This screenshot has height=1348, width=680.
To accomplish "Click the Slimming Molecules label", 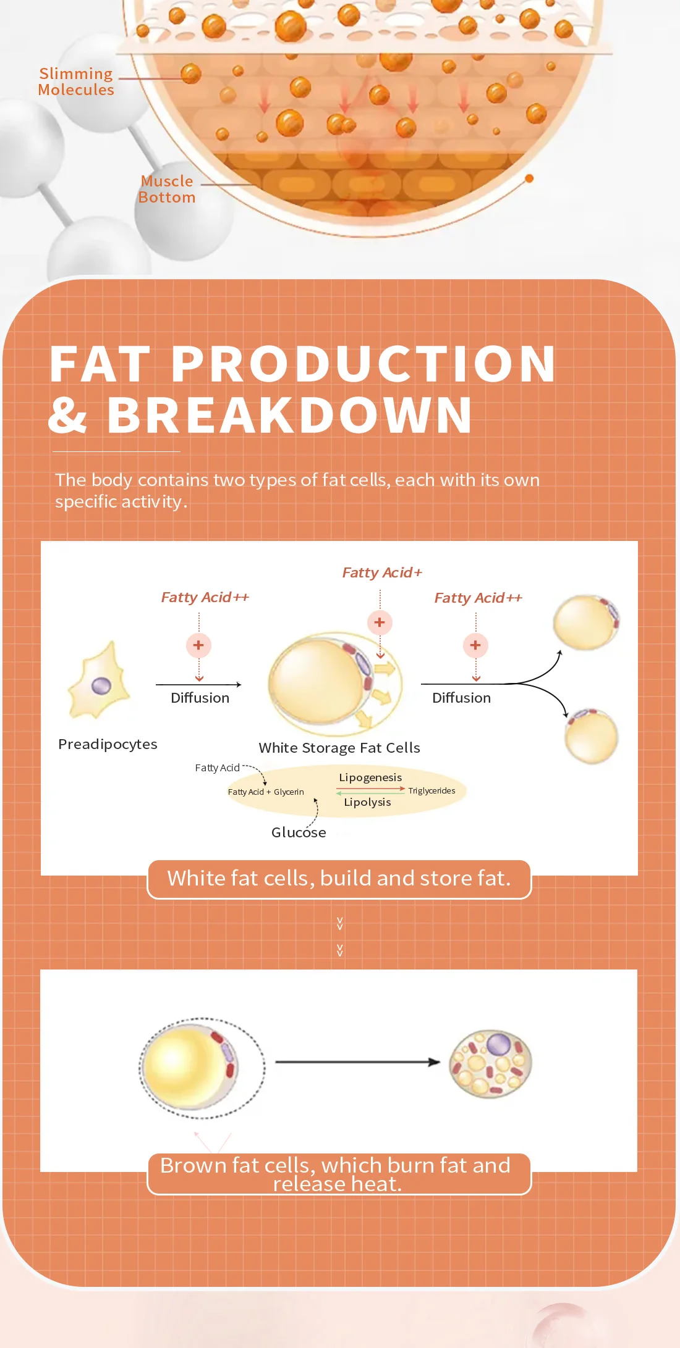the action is (76, 82).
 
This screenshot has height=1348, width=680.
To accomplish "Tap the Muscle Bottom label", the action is (167, 190).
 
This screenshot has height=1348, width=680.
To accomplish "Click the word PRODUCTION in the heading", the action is (363, 364).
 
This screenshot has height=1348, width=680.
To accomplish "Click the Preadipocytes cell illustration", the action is (100, 682).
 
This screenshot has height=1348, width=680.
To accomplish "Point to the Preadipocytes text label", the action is (108, 744).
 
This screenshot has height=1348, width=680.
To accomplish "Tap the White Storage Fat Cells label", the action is (339, 748).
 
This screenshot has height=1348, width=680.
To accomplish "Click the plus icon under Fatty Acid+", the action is (380, 622).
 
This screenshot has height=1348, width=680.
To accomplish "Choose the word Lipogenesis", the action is (370, 777).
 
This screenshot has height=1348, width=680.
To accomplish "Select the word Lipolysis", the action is (367, 802).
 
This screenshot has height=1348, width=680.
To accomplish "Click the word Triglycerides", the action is (431, 791).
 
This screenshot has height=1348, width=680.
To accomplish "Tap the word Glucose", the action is (299, 832).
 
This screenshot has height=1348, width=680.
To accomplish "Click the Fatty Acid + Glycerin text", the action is (266, 792).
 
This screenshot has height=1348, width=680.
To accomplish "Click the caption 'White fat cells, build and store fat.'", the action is (339, 879).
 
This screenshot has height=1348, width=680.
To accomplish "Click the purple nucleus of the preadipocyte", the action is (101, 685).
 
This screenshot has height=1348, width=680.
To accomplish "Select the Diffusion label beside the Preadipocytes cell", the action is (200, 698).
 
